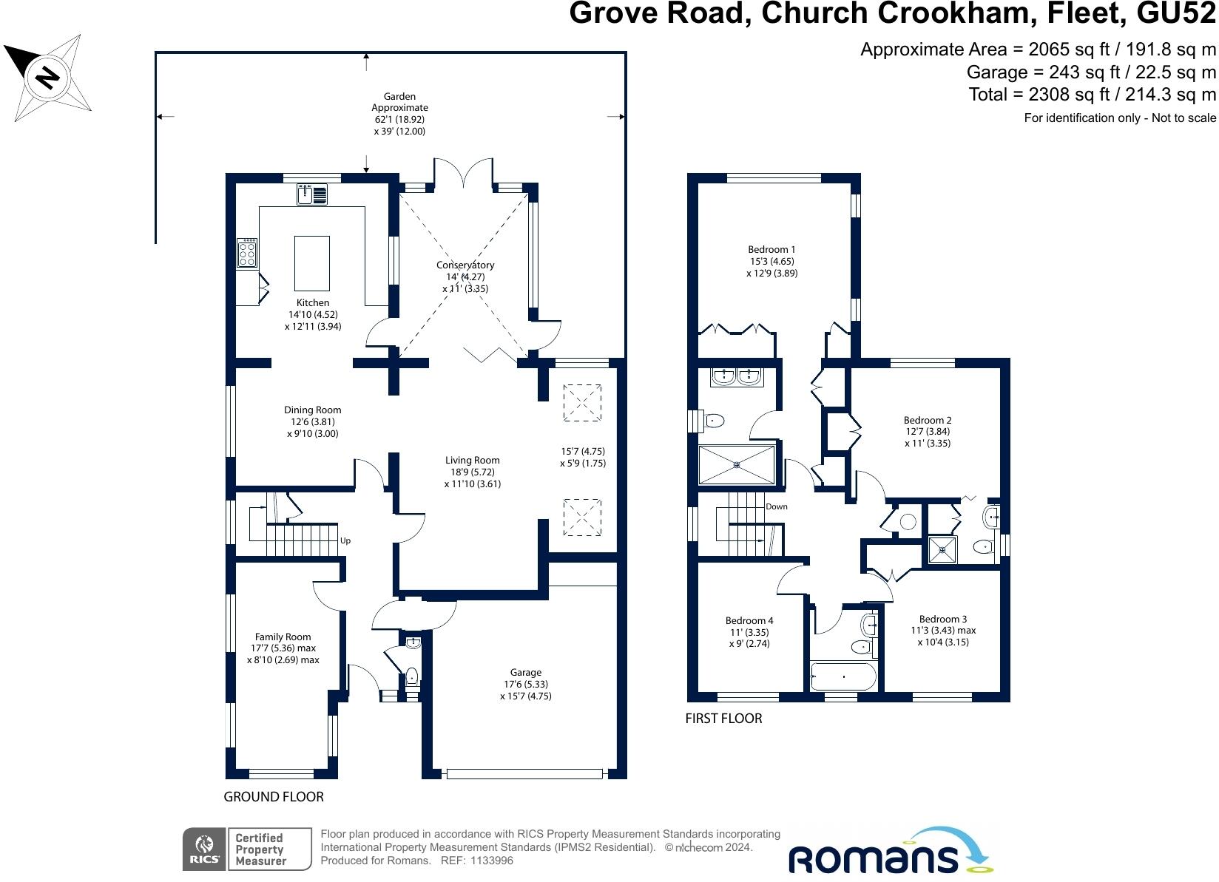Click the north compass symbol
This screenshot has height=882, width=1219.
point(48,77)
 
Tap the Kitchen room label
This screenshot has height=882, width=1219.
point(313,302)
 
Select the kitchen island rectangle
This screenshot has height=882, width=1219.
point(312,263)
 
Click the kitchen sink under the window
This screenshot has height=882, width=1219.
point(312,194)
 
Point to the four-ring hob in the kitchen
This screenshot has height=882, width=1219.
point(247,253)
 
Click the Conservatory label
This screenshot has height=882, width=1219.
point(465,265)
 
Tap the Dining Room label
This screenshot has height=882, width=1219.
point(313,410)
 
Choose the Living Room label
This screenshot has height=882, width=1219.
point(473,460)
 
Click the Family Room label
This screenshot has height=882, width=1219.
point(283,637)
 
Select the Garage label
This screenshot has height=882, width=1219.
point(526,672)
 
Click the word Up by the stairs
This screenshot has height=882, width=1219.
point(345,540)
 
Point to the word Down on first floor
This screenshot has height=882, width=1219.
point(777,506)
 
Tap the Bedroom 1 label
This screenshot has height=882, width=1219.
point(771,249)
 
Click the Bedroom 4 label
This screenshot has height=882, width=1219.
point(749,620)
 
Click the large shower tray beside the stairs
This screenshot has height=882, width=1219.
point(737,464)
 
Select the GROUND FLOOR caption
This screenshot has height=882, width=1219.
point(274,796)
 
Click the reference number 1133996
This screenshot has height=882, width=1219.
point(487,861)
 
